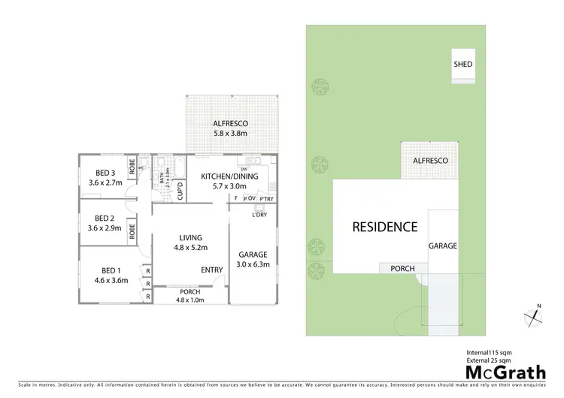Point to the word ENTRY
[211, 270]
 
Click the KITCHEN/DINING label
[229, 176]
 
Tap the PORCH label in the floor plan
[190, 292]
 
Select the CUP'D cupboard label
[180, 191]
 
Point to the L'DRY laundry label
[260, 217]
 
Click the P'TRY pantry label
[266, 199]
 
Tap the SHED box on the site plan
[463, 64]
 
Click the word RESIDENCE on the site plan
[386, 226]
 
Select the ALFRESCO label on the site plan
[430, 161]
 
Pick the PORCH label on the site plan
[402, 268]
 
